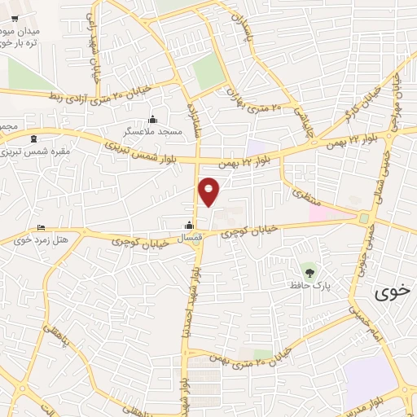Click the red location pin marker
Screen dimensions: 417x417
point(209,192)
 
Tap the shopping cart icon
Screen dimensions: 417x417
point(15,20)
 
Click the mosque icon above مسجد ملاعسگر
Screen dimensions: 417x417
point(152,121)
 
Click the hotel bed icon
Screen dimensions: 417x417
point(41,227)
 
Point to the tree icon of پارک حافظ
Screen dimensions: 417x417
point(308,271)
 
